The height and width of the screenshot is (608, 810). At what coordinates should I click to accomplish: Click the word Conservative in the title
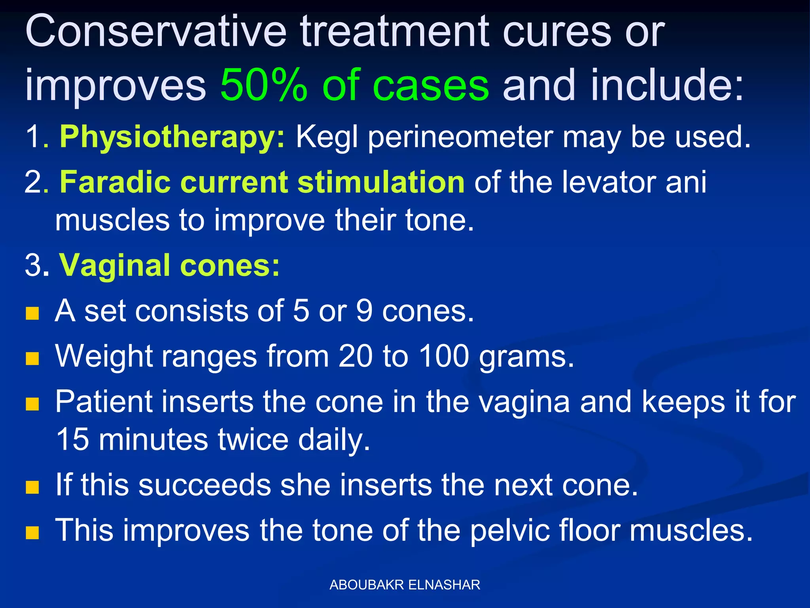click(155, 32)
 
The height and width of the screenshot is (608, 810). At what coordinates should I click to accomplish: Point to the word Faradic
click(115, 182)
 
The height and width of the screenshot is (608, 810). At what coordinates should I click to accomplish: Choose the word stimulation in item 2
click(381, 182)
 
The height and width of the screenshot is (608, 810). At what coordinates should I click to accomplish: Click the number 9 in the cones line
click(364, 311)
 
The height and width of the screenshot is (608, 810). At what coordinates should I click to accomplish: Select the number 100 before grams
click(444, 356)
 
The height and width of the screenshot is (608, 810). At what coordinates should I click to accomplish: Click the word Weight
click(104, 356)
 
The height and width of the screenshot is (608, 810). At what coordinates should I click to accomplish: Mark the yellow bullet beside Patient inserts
click(32, 404)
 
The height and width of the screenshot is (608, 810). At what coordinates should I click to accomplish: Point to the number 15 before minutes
click(72, 439)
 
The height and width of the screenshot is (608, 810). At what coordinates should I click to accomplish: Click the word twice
click(253, 439)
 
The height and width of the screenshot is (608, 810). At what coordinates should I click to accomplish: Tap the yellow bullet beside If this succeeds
click(32, 488)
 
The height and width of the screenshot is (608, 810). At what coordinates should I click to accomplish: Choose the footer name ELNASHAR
click(444, 585)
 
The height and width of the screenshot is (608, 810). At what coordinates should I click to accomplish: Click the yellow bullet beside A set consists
click(32, 313)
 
